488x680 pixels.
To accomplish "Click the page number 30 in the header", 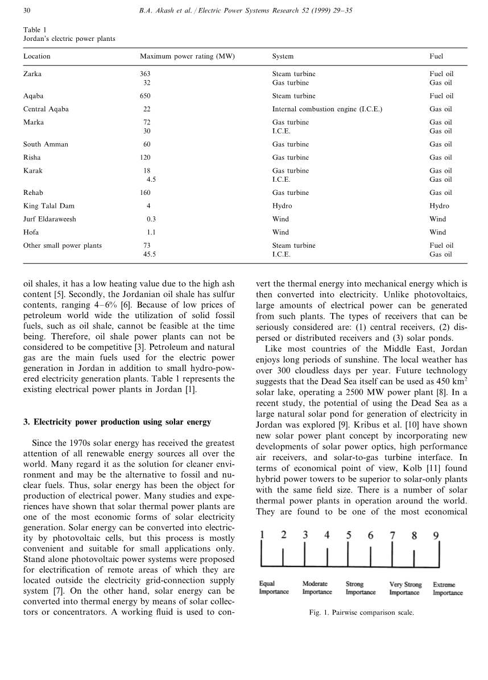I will click(27, 10).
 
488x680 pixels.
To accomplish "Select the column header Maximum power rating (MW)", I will click(187, 56).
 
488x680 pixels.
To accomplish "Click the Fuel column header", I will click(436, 56).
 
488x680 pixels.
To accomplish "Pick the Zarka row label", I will click(32, 74).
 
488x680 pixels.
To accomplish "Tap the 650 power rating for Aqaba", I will click(146, 96).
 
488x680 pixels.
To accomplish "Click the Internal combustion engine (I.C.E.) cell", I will click(327, 109).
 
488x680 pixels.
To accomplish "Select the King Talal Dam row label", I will click(49, 206).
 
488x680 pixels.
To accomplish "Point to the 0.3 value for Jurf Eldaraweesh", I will click(151, 219).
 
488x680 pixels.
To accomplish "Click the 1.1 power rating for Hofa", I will click(151, 232).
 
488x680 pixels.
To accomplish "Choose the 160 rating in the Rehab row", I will click(146, 193).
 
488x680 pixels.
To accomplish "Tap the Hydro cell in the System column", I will click(282, 206).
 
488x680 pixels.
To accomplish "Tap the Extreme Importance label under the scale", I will click(448, 588).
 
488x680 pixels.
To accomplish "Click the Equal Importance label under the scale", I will click(274, 588).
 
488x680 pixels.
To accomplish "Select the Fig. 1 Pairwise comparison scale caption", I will click(361, 613).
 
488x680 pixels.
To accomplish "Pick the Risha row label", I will click(32, 157).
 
